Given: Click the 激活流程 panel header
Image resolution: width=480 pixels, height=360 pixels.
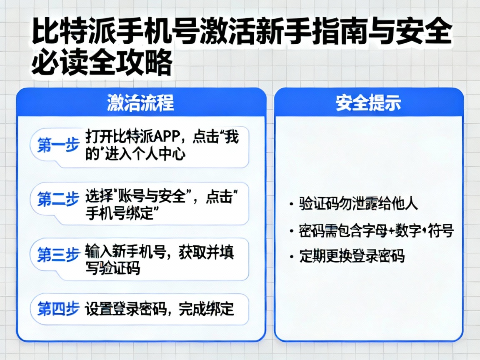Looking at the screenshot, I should (x=140, y=103).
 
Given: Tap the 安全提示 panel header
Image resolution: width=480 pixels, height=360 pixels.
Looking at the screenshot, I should (x=368, y=103).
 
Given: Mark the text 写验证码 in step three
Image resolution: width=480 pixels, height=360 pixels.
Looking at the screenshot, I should (x=112, y=269).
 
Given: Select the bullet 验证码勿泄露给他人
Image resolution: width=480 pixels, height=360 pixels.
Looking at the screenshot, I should (x=358, y=204).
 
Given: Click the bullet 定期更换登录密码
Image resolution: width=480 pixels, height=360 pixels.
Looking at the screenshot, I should (x=352, y=255).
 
